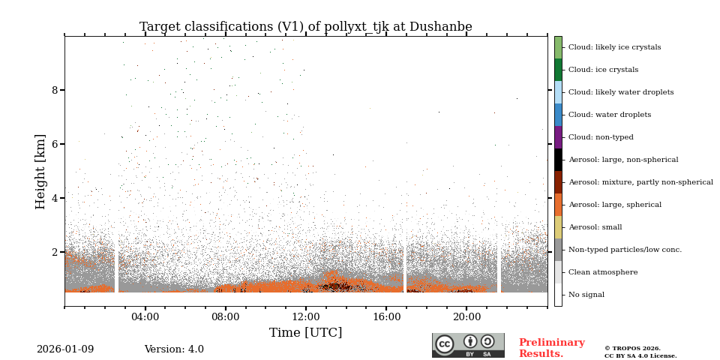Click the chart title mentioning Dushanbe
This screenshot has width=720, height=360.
(x=305, y=27)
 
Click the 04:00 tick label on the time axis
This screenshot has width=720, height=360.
(x=145, y=316)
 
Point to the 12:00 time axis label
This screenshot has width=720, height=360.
(x=306, y=316)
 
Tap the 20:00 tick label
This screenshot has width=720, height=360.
(x=466, y=316)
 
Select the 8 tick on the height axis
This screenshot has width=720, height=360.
(x=55, y=90)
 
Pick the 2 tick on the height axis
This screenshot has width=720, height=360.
(x=55, y=252)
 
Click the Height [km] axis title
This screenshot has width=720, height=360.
(x=40, y=171)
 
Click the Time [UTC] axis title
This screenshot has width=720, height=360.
(x=305, y=333)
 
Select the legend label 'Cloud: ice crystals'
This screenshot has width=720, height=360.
(x=603, y=70)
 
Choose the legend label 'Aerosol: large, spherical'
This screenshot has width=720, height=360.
(x=614, y=205)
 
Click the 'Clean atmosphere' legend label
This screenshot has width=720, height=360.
(x=603, y=272)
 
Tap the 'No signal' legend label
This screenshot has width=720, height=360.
(x=586, y=295)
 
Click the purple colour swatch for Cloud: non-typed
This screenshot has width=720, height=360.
(x=558, y=137)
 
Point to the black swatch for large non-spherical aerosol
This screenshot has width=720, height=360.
(x=558, y=160)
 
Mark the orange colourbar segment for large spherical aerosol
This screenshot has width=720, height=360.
(x=558, y=205)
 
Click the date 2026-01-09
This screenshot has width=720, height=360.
(x=65, y=349)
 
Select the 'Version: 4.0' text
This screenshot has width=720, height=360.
(x=174, y=349)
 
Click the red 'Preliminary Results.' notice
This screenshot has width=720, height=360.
(x=551, y=348)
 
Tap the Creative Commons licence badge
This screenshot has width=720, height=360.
(x=468, y=345)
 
